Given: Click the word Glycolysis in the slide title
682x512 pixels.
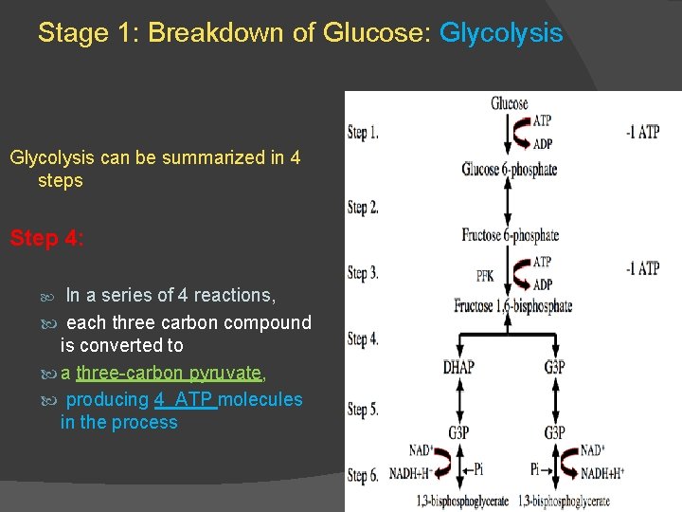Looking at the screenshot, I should tap(501, 34).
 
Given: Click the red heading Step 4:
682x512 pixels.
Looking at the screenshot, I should tap(46, 238).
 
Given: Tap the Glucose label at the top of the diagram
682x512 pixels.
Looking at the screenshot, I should tap(509, 103).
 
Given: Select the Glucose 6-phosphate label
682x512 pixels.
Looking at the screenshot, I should tap(509, 170).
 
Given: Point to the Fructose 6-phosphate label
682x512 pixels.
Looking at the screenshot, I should tap(510, 235).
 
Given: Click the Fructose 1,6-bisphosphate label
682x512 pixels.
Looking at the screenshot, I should tap(512, 305).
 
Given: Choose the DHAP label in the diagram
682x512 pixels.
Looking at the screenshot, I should tap(458, 367).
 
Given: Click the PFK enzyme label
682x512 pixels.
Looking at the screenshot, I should tap(484, 277).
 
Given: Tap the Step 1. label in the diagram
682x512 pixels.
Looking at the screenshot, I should tap(363, 133).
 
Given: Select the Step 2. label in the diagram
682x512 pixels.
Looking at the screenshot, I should tap(363, 208).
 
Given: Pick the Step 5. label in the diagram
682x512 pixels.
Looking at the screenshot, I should tap(363, 410).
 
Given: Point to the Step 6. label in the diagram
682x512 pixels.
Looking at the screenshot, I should tap(363, 476).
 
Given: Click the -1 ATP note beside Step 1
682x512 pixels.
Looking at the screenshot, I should tap(642, 133).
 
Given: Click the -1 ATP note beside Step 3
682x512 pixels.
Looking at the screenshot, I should tap(642, 269).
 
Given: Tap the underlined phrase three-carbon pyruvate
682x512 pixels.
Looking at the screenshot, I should tap(169, 373).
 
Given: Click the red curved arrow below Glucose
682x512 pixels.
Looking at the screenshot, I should tap(520, 133).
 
